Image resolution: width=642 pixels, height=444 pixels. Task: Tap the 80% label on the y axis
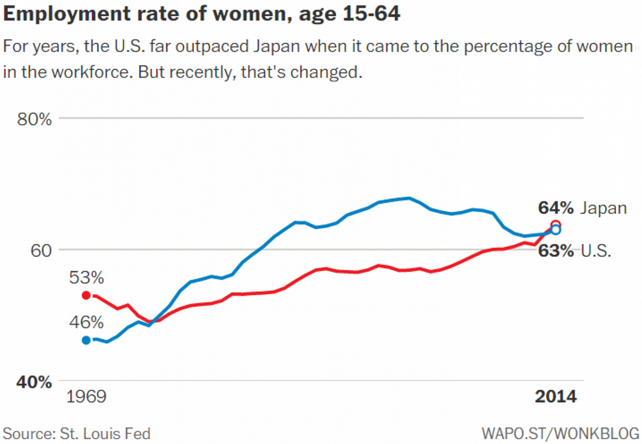[34, 118]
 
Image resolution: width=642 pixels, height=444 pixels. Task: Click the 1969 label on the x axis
[86, 397]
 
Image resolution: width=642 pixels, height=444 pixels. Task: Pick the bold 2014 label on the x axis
[556, 397]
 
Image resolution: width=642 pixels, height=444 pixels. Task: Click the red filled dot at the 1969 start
[86, 295]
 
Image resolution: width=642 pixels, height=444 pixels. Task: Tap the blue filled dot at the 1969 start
[86, 340]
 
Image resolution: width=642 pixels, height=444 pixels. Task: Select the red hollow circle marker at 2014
[556, 224]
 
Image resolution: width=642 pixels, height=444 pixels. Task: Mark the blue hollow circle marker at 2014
[556, 230]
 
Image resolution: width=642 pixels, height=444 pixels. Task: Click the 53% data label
[86, 278]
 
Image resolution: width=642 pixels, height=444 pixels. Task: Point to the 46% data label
[86, 322]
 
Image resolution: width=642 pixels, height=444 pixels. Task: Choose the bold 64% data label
[556, 208]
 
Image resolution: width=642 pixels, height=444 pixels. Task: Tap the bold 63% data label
[556, 251]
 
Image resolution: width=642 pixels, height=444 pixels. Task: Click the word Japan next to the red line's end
[603, 208]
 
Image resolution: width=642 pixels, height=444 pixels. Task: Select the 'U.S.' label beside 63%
[596, 251]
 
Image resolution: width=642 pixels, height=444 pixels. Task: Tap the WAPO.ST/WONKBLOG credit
[560, 434]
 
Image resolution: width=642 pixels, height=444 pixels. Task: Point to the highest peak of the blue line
[409, 198]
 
